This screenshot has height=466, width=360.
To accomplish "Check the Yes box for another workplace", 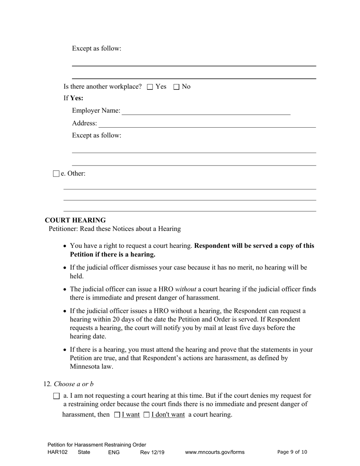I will click(150, 87).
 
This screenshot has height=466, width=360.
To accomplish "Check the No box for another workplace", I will click(176, 87).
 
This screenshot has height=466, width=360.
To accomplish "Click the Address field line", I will click(207, 124).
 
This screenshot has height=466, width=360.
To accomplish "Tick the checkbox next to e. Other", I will click(56, 174).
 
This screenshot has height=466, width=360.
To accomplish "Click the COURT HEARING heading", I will click(75, 220).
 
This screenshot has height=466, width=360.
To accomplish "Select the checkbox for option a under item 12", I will click(56, 396).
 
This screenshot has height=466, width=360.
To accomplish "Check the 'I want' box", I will click(117, 415).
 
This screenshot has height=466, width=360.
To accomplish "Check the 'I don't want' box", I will click(147, 415).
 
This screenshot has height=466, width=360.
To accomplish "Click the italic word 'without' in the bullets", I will click(185, 289).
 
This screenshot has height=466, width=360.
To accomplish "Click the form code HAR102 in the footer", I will click(58, 452).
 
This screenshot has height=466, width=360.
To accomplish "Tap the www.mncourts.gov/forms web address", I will click(214, 452).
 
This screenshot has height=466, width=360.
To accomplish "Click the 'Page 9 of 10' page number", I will click(292, 452).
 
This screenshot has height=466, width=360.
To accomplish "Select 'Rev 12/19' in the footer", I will click(152, 452).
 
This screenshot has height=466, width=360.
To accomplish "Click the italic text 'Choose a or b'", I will click(74, 384).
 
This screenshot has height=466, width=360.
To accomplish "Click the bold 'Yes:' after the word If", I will click(77, 98).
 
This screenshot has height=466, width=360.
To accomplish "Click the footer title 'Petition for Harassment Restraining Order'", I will click(97, 445).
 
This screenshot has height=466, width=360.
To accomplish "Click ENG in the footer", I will click(114, 452).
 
